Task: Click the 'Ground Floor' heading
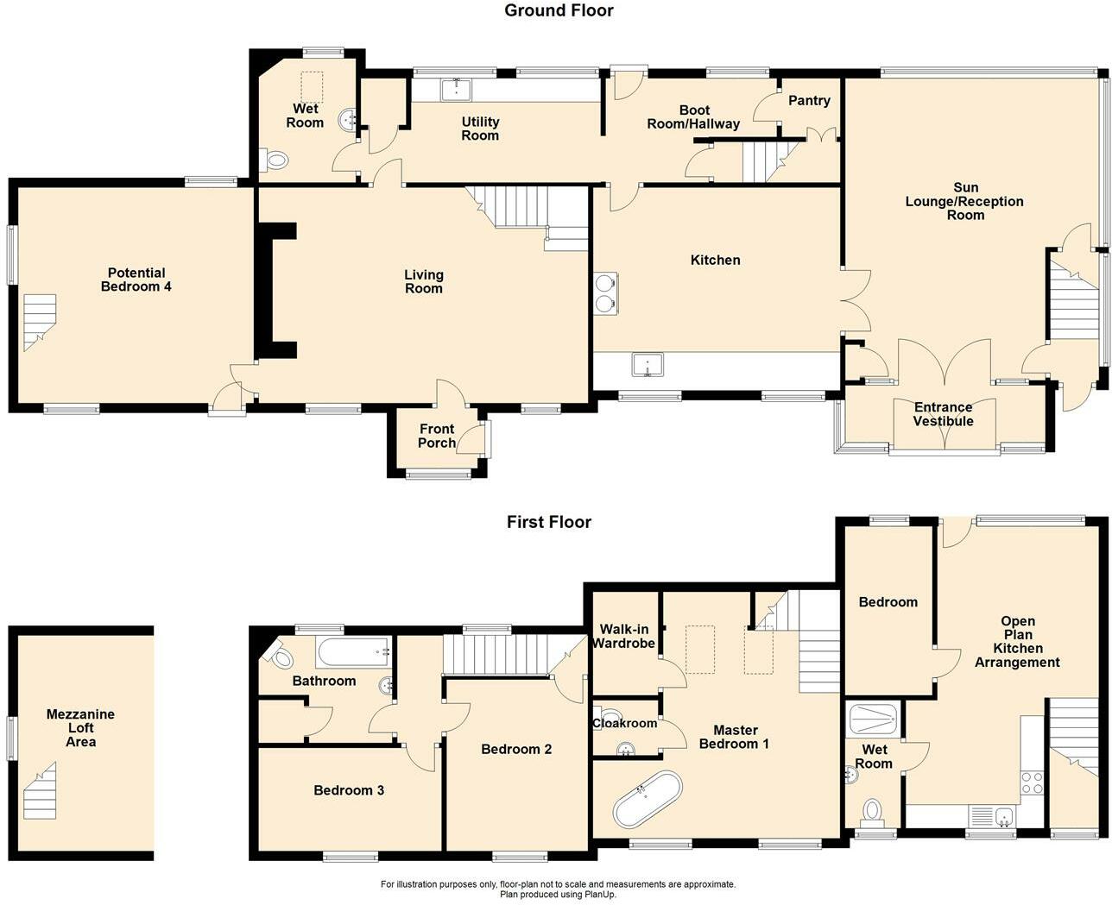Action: coord(559,10)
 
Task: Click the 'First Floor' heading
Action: coord(549,522)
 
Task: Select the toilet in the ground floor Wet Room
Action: coord(275,160)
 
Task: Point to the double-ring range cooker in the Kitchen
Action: coord(605,292)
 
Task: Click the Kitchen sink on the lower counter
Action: coord(647,364)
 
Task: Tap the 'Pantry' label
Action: coord(809,100)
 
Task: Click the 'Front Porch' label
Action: coord(437,436)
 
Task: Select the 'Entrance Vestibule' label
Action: coord(943,414)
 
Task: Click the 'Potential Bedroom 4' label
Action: coord(136,280)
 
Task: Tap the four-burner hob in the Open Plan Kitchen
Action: coord(1032,782)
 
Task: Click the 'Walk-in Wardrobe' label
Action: coord(623,637)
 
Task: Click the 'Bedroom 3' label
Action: coord(349,790)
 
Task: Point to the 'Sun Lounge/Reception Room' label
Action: coord(964,201)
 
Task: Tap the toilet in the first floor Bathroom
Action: coord(281,655)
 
